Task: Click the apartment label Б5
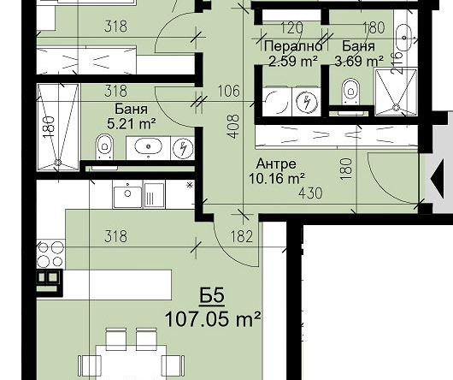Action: pyautogui.click(x=212, y=296)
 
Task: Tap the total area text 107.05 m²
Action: pyautogui.click(x=213, y=319)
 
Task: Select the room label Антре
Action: pyautogui.click(x=276, y=164)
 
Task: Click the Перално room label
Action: pyautogui.click(x=293, y=46)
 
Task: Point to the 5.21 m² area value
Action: pyautogui.click(x=132, y=124)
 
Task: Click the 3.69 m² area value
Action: pyautogui.click(x=359, y=61)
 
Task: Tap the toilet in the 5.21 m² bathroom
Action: pyautogui.click(x=105, y=146)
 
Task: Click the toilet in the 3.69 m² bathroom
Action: pyautogui.click(x=350, y=92)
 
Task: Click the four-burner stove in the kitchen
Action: pyautogui.click(x=50, y=254)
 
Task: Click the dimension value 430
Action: pyautogui.click(x=310, y=193)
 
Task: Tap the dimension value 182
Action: pyautogui.click(x=242, y=236)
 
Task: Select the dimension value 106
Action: pyautogui.click(x=228, y=91)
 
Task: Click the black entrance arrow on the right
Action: pyautogui.click(x=437, y=179)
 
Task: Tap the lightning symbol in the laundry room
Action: pyautogui.click(x=307, y=102)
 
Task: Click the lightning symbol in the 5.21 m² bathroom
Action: pyautogui.click(x=183, y=148)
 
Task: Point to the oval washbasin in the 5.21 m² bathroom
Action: pyautogui.click(x=149, y=146)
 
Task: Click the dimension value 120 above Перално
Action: pyautogui.click(x=291, y=27)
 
